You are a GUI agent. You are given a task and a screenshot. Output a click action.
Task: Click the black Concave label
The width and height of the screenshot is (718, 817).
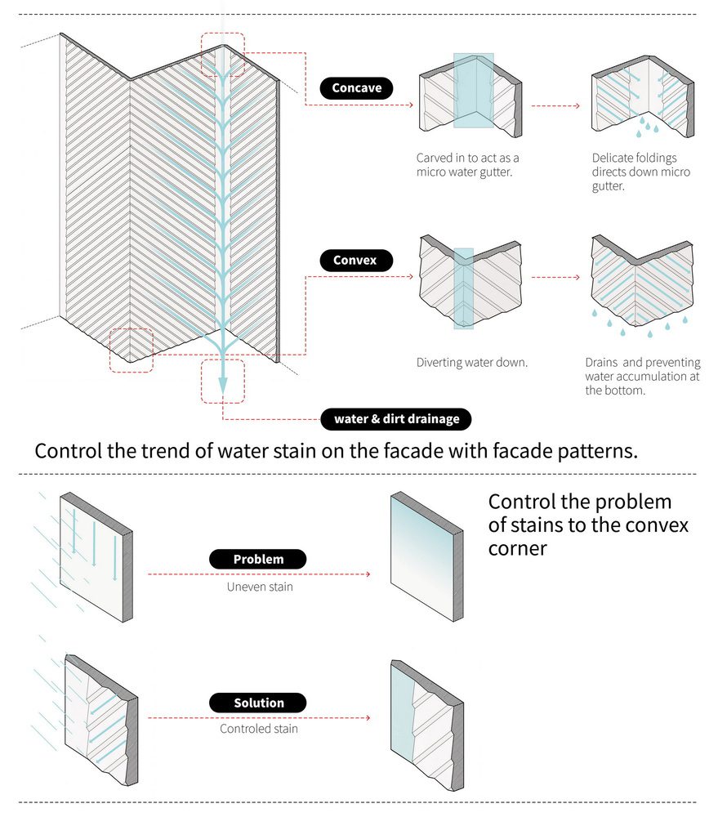click(x=356, y=88)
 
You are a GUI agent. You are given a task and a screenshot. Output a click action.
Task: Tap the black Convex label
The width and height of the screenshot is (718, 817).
click(x=355, y=261)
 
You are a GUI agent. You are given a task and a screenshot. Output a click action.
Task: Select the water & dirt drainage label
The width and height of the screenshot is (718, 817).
click(x=396, y=419)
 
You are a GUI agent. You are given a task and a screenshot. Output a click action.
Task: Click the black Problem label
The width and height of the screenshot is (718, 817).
click(x=258, y=560)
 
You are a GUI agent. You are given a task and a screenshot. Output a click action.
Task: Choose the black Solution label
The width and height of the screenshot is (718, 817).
click(x=258, y=703)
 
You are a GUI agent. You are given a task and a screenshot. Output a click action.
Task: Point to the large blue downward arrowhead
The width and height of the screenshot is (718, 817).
click(x=222, y=382)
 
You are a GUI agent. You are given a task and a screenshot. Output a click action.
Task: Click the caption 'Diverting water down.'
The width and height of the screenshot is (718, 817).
click(x=471, y=362)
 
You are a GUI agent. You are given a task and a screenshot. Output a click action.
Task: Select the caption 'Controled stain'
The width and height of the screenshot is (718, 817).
click(x=258, y=728)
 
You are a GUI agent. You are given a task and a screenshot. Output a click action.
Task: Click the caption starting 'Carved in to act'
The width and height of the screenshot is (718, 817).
click(x=467, y=165)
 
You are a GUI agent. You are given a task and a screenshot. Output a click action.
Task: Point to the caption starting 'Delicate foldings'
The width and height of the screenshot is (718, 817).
click(x=640, y=172)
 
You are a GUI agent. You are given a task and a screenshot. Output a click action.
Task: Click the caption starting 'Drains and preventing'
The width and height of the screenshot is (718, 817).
click(x=642, y=377)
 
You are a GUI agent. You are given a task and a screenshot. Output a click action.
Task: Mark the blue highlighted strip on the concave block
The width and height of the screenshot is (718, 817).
click(x=473, y=91)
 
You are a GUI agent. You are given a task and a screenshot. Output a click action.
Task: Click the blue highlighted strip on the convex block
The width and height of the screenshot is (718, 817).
click(x=463, y=288)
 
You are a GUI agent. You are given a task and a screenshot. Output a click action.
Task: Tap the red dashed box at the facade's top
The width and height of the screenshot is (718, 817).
click(x=222, y=56)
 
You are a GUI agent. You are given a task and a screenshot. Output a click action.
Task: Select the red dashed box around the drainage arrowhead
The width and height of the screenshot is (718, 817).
click(x=222, y=381)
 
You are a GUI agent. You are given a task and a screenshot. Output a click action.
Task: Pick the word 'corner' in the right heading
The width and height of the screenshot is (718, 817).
click(x=518, y=547)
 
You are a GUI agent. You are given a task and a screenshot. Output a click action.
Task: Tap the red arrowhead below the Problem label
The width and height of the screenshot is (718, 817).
click(x=368, y=574)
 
